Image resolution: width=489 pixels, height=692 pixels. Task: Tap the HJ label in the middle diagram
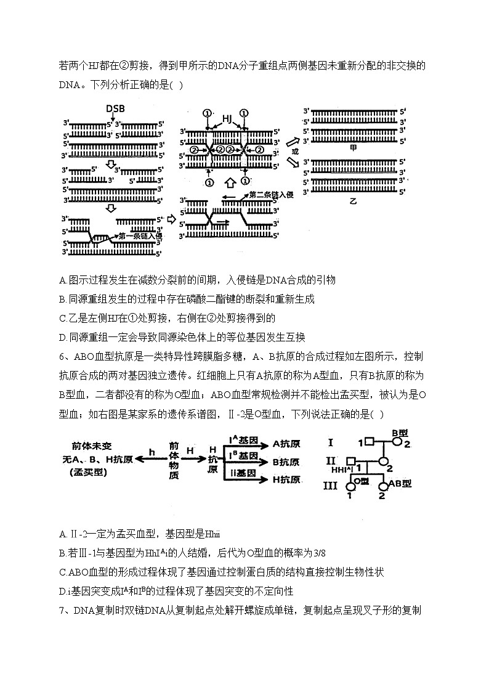pyautogui.click(x=227, y=118)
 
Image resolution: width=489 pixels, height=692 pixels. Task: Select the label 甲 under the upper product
pyautogui.click(x=354, y=149)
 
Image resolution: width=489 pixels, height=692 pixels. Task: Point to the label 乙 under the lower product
pyautogui.click(x=352, y=201)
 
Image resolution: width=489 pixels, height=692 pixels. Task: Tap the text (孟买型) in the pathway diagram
pyautogui.click(x=87, y=472)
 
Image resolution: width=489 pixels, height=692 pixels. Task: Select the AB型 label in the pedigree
pyautogui.click(x=400, y=484)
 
